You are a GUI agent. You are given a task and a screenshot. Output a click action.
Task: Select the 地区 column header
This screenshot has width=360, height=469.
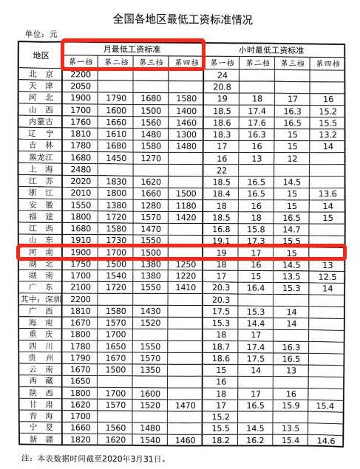click(41, 55)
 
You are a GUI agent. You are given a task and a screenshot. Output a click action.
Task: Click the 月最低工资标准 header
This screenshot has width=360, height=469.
click(132, 49)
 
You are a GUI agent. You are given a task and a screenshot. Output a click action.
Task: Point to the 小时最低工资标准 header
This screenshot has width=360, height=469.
click(275, 49)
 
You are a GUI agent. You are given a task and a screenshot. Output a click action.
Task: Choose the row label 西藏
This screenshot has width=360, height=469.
click(41, 382)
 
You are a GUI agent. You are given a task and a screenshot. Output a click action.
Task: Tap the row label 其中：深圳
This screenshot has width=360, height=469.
click(41, 299)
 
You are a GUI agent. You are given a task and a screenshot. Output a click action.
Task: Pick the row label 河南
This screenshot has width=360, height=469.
click(41, 252)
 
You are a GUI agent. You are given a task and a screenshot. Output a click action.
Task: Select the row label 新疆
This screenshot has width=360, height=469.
click(41, 441)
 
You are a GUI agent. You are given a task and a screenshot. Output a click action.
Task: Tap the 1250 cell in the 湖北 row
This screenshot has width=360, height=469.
click(187, 264)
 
